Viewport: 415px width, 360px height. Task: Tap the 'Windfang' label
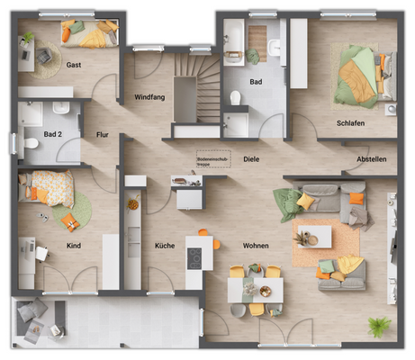pos(149,95)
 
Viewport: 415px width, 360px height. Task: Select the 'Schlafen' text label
pos(350,122)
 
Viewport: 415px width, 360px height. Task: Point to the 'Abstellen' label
pos(371,159)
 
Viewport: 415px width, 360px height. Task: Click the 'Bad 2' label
pos(52,134)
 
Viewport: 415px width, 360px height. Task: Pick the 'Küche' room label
pos(164,245)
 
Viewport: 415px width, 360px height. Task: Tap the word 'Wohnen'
pos(256,245)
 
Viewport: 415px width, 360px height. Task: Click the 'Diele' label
pos(251,159)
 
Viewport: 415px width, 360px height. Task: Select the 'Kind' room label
pos(74,245)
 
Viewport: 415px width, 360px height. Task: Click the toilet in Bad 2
pos(30,142)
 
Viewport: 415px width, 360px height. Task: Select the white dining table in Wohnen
pos(255,289)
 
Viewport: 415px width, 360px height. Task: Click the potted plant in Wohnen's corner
pos(379,327)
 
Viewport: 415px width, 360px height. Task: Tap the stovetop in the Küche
pos(194,256)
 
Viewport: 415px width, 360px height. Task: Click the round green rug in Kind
pos(71,215)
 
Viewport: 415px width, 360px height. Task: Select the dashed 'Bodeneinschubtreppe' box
pos(213,157)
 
